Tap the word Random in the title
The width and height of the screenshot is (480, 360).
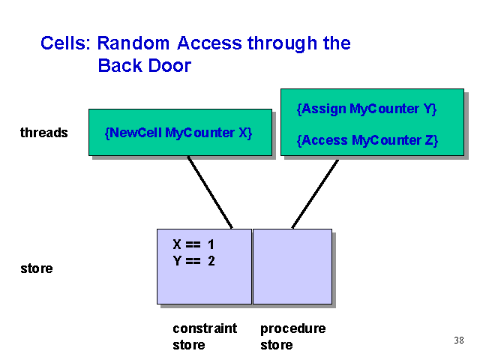point(133,43)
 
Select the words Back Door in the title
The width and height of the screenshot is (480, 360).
point(145,65)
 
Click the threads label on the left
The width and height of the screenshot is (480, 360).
point(44,133)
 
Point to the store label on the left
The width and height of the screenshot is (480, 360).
point(37,268)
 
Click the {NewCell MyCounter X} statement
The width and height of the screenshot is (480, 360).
point(178,133)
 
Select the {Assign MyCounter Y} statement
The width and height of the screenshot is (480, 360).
point(367,109)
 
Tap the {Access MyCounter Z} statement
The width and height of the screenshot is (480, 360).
point(367,140)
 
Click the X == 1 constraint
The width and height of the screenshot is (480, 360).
point(193,244)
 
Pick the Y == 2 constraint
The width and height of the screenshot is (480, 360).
point(193,261)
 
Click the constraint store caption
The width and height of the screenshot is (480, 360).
point(205,337)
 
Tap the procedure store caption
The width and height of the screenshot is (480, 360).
point(293,337)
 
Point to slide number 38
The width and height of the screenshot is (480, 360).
point(459,340)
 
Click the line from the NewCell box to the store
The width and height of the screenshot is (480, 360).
point(210,192)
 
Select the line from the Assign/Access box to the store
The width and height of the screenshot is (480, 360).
point(315,194)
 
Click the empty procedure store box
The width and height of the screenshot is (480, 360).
point(292,266)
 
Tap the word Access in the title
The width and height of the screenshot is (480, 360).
point(210,43)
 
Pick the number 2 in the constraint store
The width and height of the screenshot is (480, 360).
point(211,261)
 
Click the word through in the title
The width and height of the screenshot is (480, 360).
point(282,43)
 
